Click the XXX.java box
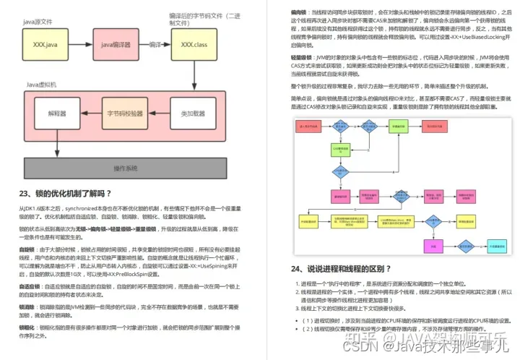[x=45, y=45]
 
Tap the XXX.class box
[x=194, y=45]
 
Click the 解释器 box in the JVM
[x=58, y=114]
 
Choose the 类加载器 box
[x=194, y=114]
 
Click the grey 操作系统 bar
[x=125, y=168]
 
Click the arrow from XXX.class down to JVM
[x=194, y=76]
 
